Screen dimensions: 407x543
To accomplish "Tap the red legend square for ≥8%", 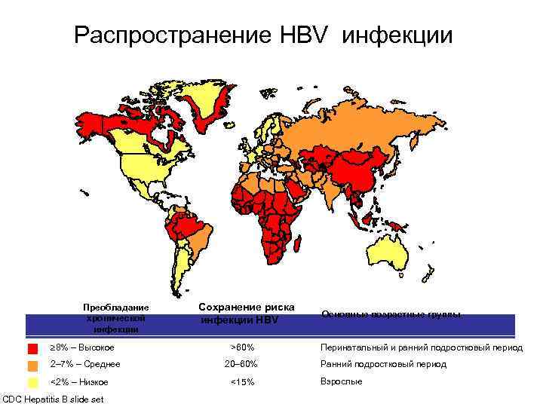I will pyautogui.click(x=32, y=349).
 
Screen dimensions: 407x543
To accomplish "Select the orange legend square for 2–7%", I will pyautogui.click(x=32, y=365).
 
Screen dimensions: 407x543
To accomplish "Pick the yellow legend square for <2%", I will pyautogui.click(x=32, y=382).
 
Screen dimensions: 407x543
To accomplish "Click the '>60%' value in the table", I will pyautogui.click(x=242, y=347).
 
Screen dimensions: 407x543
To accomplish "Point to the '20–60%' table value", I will pyautogui.click(x=241, y=364).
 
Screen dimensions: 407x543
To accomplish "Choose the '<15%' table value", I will pyautogui.click(x=242, y=382).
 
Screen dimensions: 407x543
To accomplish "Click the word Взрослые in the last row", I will pyautogui.click(x=342, y=381).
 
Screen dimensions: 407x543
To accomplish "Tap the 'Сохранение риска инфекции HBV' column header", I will pyautogui.click(x=247, y=314).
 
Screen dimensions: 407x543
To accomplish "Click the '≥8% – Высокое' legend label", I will pyautogui.click(x=82, y=347).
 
